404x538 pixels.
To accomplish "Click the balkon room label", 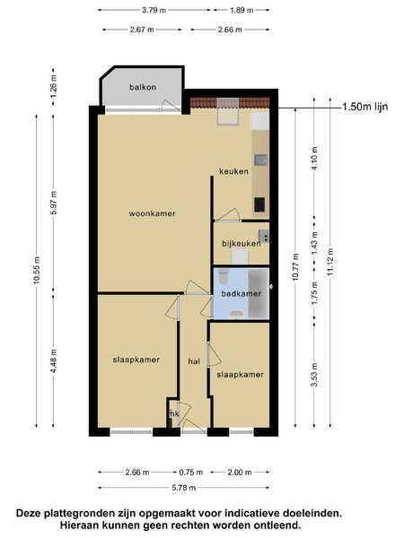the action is click(143, 87).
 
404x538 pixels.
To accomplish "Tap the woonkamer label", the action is click(152, 213).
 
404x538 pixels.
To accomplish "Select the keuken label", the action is click(233, 171).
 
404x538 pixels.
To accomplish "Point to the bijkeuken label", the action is click(242, 244).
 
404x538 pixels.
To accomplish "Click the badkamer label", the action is click(242, 294).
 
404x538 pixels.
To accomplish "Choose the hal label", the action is click(194, 361).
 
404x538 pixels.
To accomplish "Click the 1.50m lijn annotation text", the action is click(365, 107).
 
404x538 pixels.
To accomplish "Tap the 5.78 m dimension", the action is click(184, 488).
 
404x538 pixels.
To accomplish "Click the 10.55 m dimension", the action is click(37, 270).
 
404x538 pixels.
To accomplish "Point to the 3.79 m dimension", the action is click(154, 10).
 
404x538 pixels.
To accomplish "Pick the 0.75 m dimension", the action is click(191, 473).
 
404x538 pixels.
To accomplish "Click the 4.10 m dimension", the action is click(314, 158).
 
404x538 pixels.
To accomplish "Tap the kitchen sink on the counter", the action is click(260, 160).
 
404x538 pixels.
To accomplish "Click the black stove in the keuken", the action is click(259, 204).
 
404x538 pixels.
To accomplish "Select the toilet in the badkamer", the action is click(224, 275).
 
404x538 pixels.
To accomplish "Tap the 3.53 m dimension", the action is click(314, 375).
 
